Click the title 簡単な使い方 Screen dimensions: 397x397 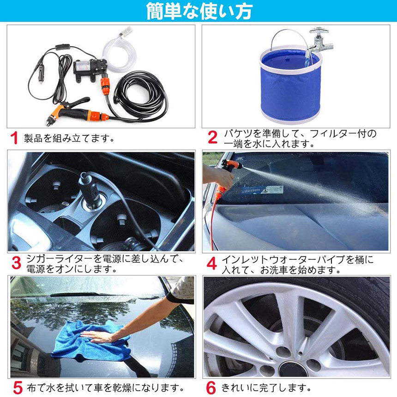tap(198, 11)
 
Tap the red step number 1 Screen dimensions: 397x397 tap(15, 138)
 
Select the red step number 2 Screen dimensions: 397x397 tap(212, 138)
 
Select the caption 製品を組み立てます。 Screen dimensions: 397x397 tap(69, 138)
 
